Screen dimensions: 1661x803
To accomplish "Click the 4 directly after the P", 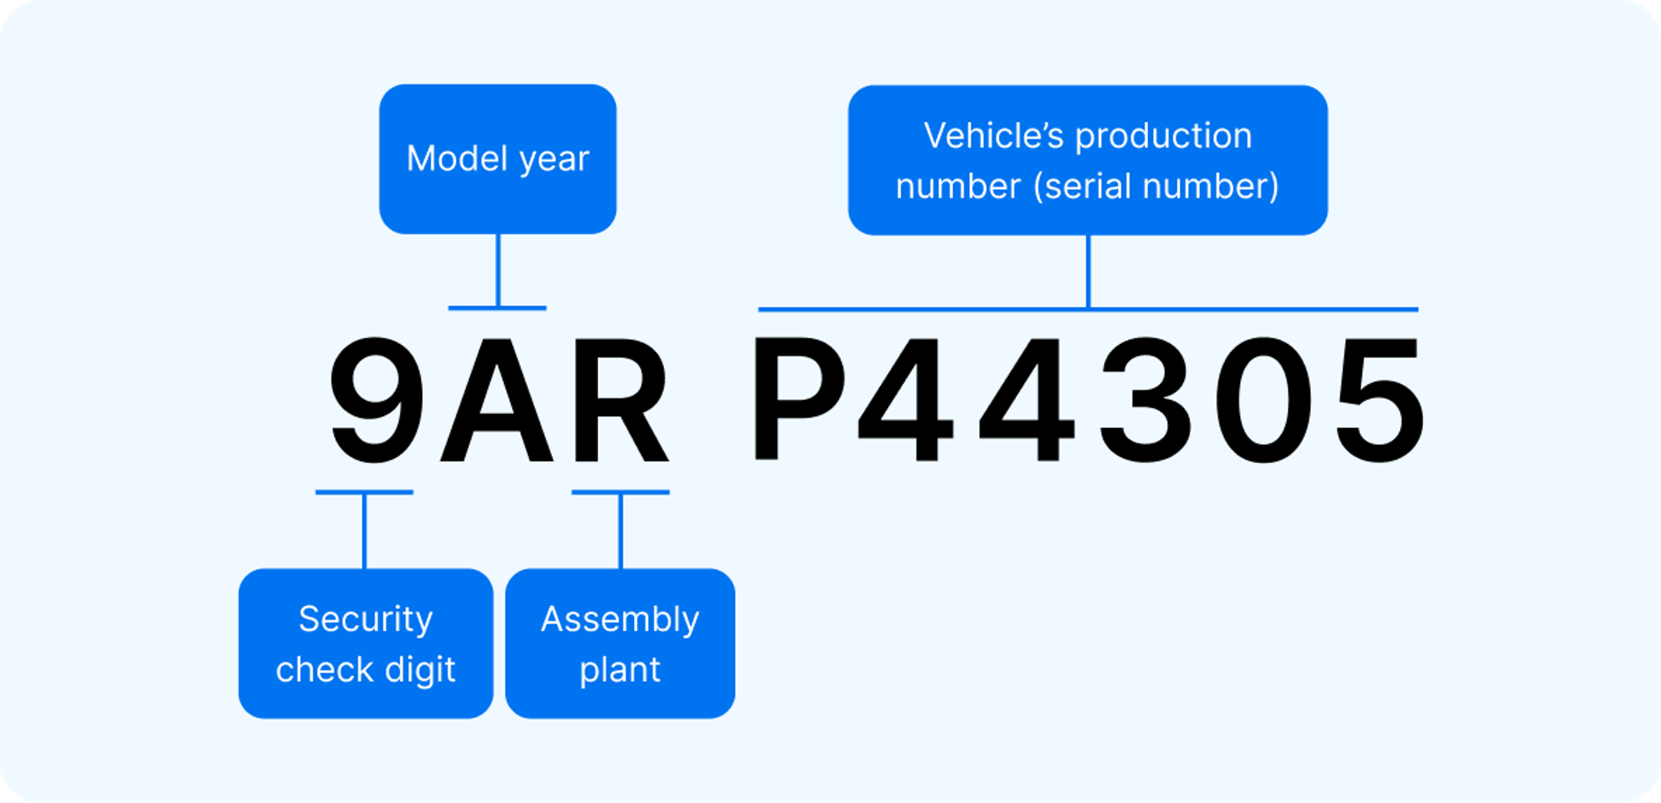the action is coord(906,400).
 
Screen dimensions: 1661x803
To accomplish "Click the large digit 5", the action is coord(1380,400).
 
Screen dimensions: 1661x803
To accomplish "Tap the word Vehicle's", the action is coord(993,136).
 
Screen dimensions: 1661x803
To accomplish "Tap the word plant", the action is coord(620,670).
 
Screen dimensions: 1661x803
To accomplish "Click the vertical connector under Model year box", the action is coord(498,271).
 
